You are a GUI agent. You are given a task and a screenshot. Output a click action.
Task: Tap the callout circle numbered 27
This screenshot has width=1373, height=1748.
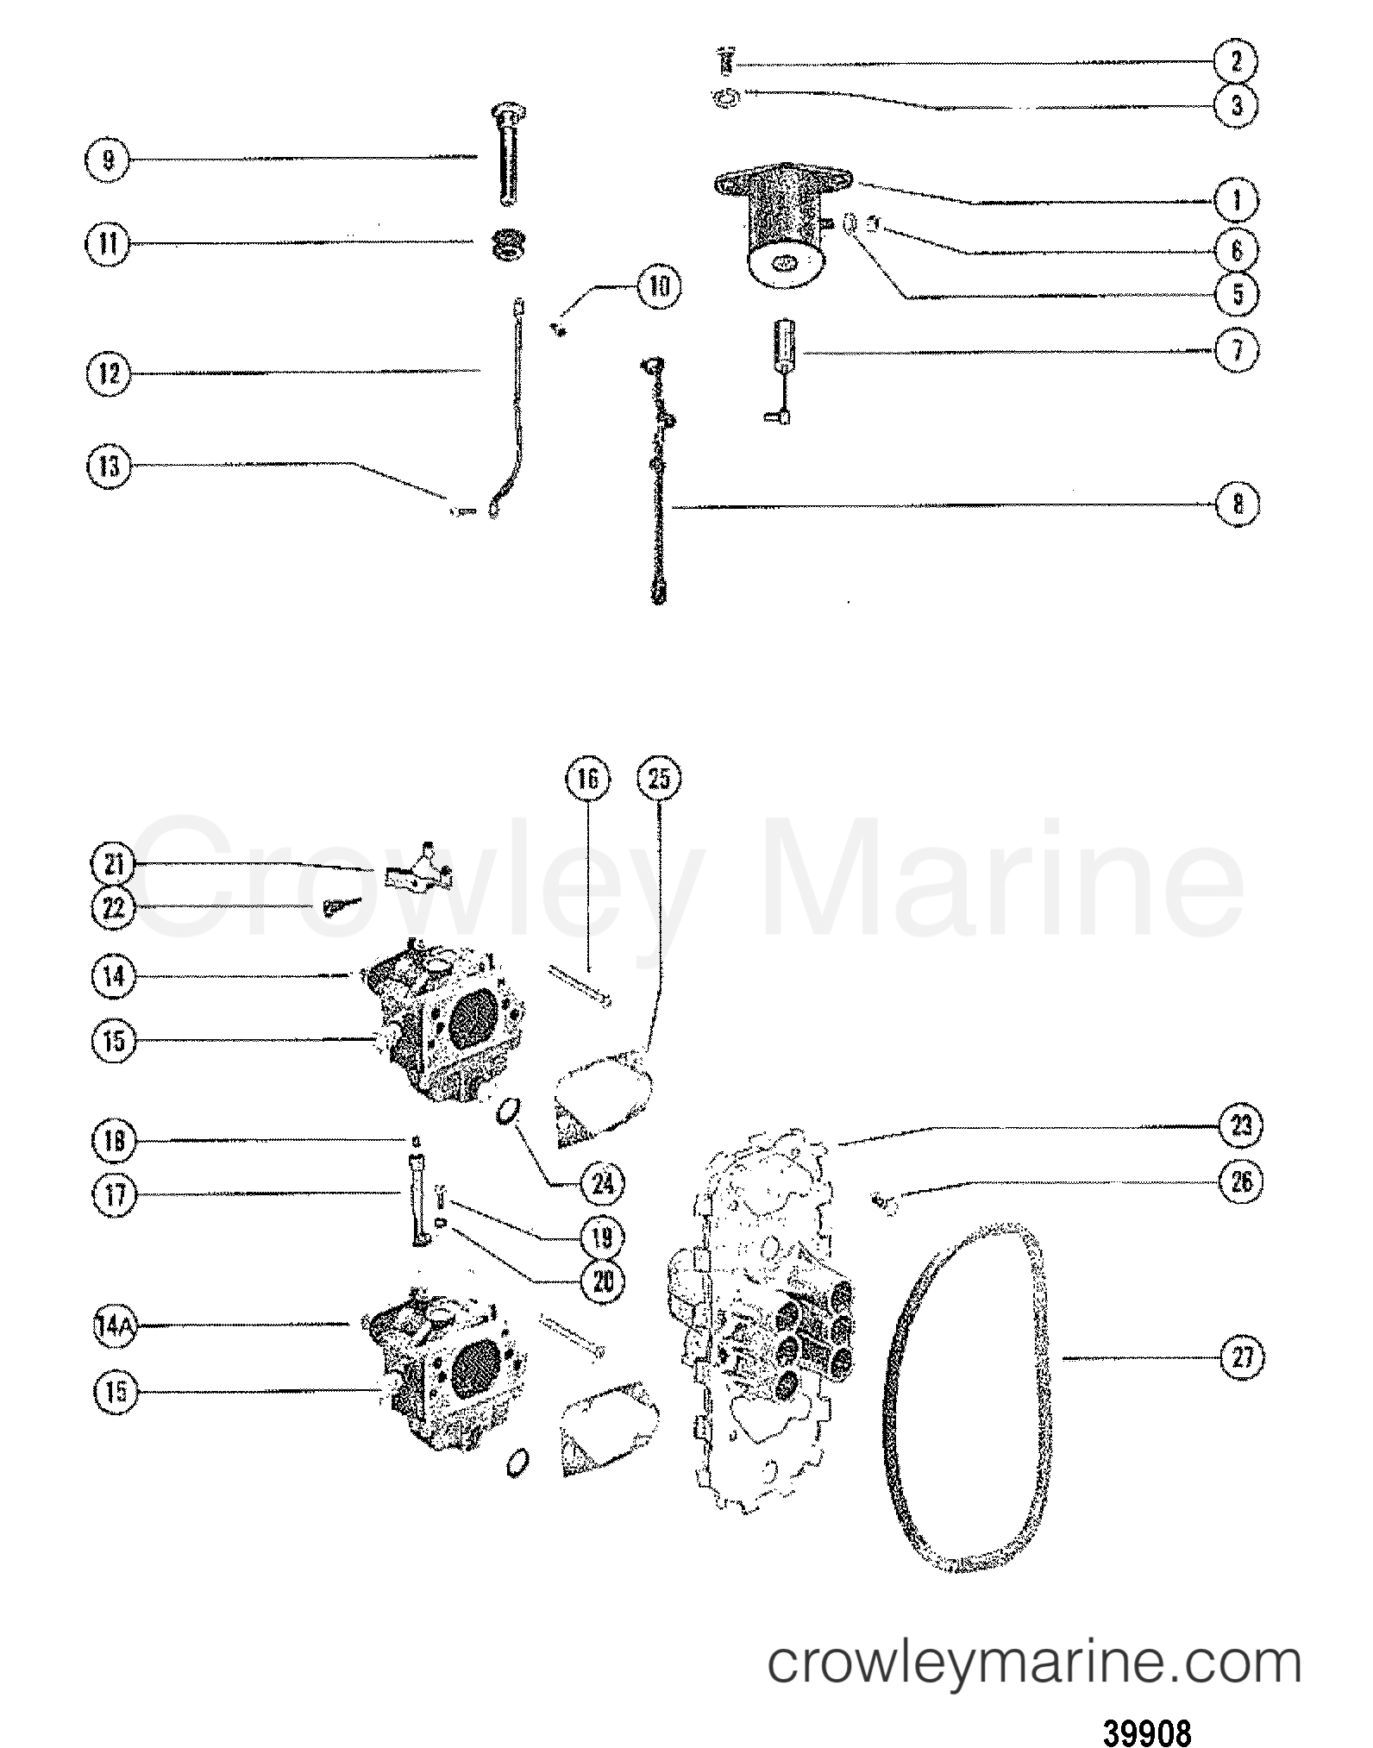pyautogui.click(x=1240, y=1358)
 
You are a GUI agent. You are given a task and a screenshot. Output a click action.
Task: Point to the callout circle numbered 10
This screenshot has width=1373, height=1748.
pyautogui.click(x=658, y=286)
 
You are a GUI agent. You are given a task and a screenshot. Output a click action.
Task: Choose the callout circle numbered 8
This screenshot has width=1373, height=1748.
pyautogui.click(x=1238, y=504)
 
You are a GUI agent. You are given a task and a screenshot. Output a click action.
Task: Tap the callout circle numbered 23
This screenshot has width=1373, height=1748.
pyautogui.click(x=1240, y=1126)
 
